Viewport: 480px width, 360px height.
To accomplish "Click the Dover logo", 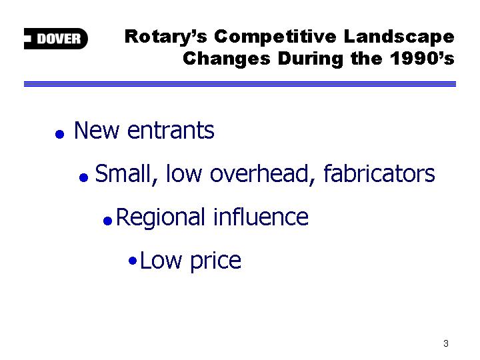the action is [x=56, y=39].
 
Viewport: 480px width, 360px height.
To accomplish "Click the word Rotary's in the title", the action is [x=166, y=37].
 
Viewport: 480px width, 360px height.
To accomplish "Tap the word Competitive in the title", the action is [x=275, y=37].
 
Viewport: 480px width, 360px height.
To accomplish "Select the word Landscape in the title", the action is [x=399, y=37].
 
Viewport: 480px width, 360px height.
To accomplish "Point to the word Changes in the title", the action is [x=227, y=59].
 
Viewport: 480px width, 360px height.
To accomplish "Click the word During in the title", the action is [x=311, y=59].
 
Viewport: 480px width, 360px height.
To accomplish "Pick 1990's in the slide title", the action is [x=422, y=58].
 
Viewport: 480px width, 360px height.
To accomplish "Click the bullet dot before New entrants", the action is [x=59, y=134].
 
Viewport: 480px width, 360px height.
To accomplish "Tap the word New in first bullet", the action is [x=97, y=131].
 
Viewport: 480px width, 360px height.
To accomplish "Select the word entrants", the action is [x=171, y=131].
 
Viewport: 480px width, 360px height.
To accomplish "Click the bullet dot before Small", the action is [x=83, y=177].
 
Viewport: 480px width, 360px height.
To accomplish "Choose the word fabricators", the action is [x=379, y=173].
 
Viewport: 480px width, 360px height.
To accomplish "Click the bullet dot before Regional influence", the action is [x=108, y=221].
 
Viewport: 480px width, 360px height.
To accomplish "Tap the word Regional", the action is [x=161, y=218].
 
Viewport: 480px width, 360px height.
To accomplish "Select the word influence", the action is [x=261, y=217].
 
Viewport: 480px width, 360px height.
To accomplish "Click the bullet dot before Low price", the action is [x=133, y=261].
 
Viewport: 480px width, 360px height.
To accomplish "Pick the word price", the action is [x=215, y=262].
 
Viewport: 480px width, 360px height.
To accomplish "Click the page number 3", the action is [x=446, y=343].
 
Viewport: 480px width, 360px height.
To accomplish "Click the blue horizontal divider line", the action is [x=240, y=84].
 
